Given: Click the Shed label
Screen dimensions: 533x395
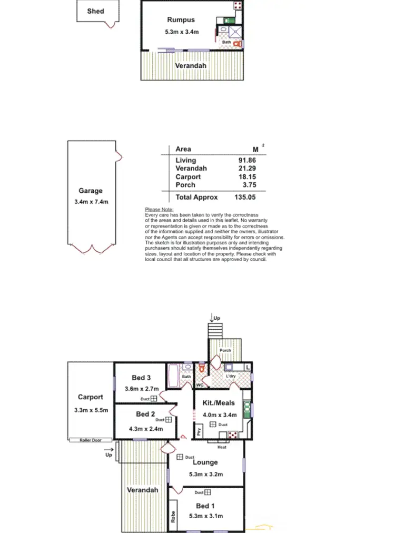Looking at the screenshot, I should click(x=95, y=11).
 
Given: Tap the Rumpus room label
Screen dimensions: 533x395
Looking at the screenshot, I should click(x=181, y=20).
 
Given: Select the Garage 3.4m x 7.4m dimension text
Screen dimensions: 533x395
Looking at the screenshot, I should click(x=90, y=202).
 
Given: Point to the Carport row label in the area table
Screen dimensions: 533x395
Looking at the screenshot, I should click(x=188, y=177).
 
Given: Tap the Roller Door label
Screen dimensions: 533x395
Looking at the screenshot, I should click(x=90, y=440).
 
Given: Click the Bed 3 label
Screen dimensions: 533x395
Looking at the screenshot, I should click(x=141, y=378).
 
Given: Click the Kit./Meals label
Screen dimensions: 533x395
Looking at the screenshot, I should click(x=219, y=403).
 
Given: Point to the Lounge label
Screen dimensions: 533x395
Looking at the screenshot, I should click(x=205, y=462).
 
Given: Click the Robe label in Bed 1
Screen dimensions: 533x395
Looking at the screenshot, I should click(x=173, y=517).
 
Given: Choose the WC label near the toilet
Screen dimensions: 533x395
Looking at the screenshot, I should click(x=200, y=385).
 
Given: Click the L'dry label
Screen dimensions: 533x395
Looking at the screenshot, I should click(x=230, y=377).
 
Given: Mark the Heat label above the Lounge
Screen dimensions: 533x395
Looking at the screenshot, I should click(x=222, y=447).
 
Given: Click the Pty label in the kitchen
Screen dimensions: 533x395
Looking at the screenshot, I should click(x=199, y=431).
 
